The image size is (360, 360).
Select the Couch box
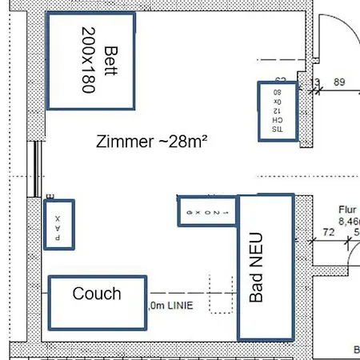tap(98, 302)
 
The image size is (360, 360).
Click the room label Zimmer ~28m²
tap(151, 142)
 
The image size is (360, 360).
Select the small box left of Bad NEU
tap(207, 210)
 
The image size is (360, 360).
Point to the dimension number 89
tap(339, 82)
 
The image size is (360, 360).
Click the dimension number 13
tap(314, 82)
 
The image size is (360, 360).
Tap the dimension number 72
tap(328, 232)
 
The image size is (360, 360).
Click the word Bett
tap(110, 61)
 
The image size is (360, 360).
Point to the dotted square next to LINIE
tap(220, 294)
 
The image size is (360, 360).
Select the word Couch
tap(97, 294)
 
